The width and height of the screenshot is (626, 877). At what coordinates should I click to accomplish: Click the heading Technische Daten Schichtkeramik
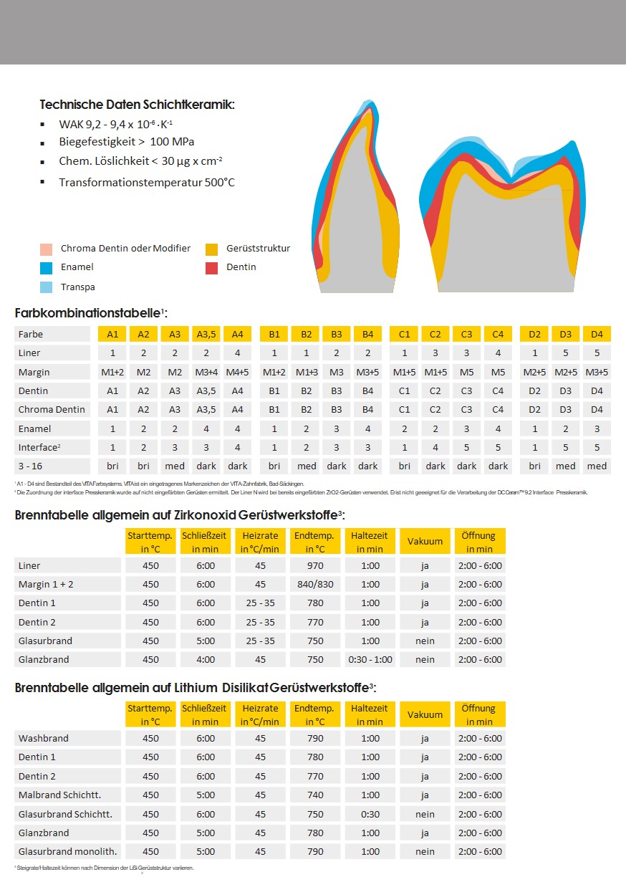click(x=137, y=105)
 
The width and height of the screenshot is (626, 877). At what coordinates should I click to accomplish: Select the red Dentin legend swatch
click(x=211, y=268)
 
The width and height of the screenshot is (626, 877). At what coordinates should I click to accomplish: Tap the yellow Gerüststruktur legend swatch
click(x=211, y=249)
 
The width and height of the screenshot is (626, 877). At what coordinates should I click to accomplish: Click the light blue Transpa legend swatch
click(x=46, y=287)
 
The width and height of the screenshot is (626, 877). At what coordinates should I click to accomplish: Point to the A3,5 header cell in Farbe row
click(x=206, y=334)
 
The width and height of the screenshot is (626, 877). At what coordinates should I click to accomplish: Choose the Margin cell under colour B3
click(x=337, y=372)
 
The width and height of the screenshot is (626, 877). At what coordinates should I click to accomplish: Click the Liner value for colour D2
click(x=534, y=353)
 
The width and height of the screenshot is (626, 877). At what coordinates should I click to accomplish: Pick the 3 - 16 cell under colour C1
click(x=404, y=466)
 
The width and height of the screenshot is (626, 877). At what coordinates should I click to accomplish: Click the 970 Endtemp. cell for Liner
click(x=315, y=565)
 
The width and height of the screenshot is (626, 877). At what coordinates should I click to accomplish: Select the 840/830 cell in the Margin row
click(x=315, y=584)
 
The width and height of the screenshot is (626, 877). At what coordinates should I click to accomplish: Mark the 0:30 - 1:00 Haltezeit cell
click(x=370, y=659)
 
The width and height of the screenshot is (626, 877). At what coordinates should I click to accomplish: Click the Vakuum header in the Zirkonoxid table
click(x=425, y=542)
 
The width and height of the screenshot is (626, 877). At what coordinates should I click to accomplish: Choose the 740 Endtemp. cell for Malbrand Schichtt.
click(x=315, y=795)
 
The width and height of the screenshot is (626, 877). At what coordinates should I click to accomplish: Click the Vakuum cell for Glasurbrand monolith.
click(x=425, y=851)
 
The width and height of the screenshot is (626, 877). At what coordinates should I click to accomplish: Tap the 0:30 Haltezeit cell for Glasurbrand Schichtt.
click(x=370, y=814)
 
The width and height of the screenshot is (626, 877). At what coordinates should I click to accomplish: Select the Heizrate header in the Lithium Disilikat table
click(x=260, y=714)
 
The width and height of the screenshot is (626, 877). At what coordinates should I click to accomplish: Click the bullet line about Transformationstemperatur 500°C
click(x=146, y=182)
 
